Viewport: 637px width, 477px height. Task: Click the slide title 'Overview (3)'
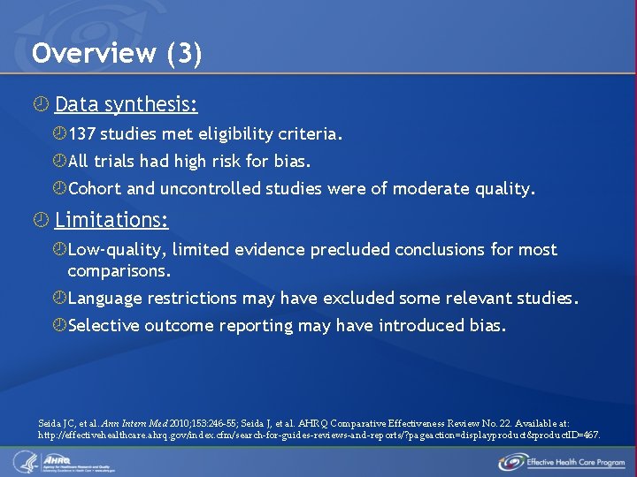[x=117, y=54]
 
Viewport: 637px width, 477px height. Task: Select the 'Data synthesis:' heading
[x=126, y=105]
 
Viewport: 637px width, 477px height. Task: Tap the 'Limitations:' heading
[x=111, y=219]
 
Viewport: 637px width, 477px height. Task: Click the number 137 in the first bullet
[x=82, y=134]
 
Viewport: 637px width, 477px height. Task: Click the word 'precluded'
[x=349, y=250]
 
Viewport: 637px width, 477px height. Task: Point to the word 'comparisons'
[x=117, y=270]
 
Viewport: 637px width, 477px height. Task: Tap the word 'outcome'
[x=181, y=326]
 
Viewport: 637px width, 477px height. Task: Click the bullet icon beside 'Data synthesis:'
[x=38, y=105]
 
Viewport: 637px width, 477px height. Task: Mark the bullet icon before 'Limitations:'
[x=38, y=219]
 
